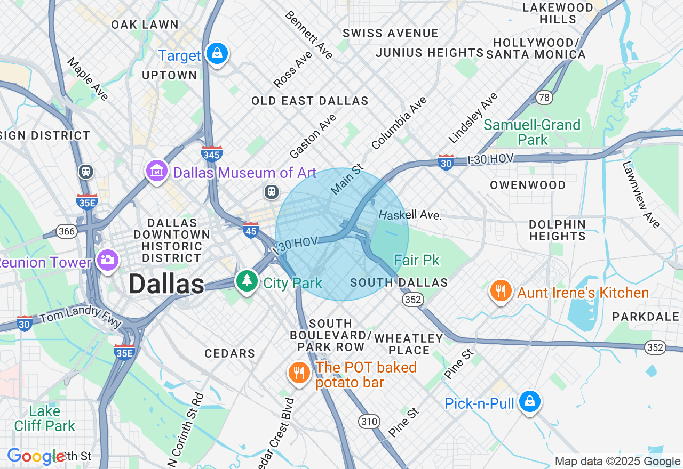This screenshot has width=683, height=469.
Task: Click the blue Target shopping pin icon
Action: pyautogui.click(x=217, y=54)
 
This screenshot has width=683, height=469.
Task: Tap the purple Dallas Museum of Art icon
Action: pyautogui.click(x=157, y=172)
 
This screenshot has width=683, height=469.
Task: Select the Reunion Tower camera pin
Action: pyautogui.click(x=107, y=260)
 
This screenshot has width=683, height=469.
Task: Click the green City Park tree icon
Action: pyautogui.click(x=246, y=281)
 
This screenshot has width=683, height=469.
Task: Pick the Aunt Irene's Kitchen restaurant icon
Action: pyautogui.click(x=501, y=291)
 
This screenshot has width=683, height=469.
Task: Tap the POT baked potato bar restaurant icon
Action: pyautogui.click(x=299, y=373)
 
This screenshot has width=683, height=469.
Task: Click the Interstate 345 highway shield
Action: pyautogui.click(x=212, y=153)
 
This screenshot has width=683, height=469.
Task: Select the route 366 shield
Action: pyautogui.click(x=67, y=231)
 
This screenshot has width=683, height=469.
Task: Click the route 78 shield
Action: pyautogui.click(x=544, y=97)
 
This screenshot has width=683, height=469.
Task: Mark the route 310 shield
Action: pyautogui.click(x=369, y=422)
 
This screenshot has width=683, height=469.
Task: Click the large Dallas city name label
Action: pyautogui.click(x=166, y=284)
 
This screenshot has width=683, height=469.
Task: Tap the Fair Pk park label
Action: pyautogui.click(x=417, y=260)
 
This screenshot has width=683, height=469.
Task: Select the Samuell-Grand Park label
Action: pyautogui.click(x=532, y=132)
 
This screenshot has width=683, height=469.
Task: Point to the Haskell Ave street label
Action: pyautogui.click(x=410, y=215)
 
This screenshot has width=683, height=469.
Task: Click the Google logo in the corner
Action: pyautogui.click(x=36, y=456)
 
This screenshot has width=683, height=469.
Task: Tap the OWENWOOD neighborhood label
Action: pyautogui.click(x=528, y=185)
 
